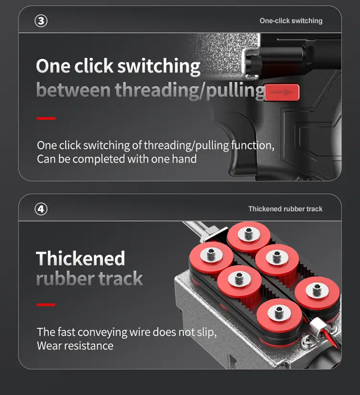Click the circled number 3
(x=42, y=21)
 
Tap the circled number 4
(x=42, y=209)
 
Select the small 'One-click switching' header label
(x=291, y=21)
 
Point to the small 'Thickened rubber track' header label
(x=285, y=209)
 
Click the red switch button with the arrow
(x=282, y=92)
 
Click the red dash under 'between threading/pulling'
(x=46, y=118)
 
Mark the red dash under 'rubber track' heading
(x=46, y=304)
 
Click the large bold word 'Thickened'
(x=81, y=259)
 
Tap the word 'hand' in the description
(x=184, y=159)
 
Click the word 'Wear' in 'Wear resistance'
(x=49, y=346)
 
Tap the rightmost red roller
(x=315, y=290)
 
